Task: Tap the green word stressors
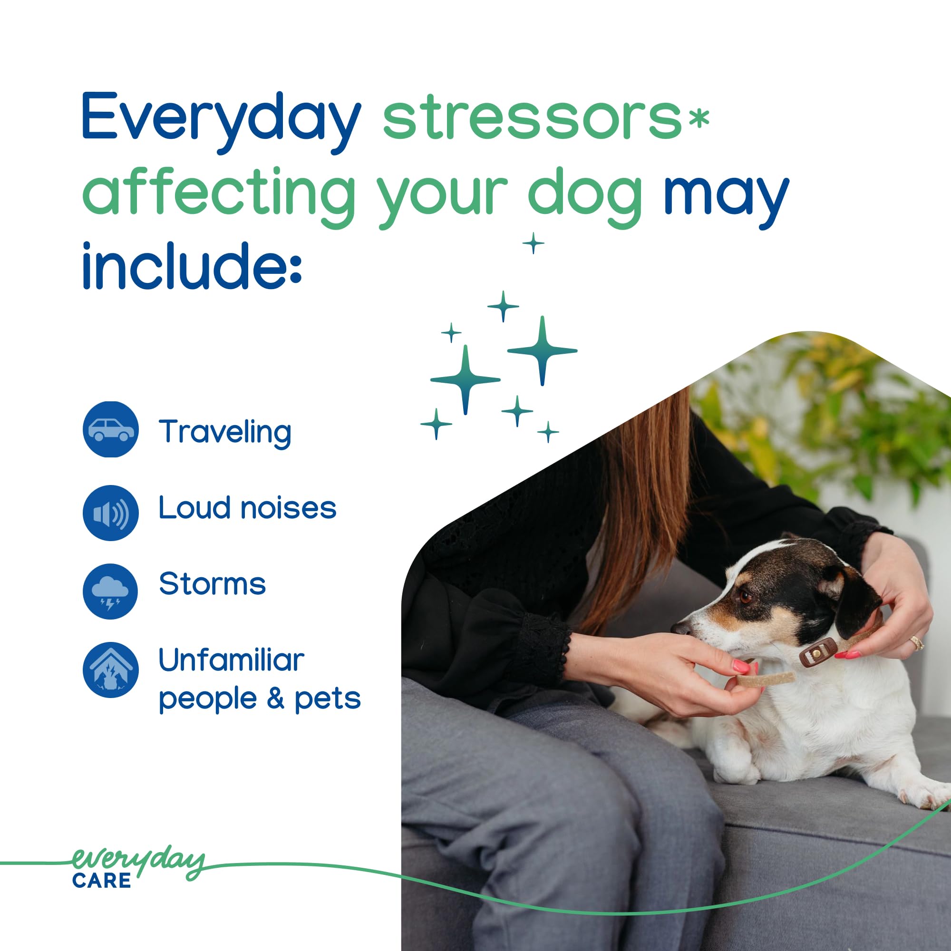532,118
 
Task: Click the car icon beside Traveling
111,429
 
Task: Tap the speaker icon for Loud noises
111,513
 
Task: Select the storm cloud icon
111,591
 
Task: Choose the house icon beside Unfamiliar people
111,670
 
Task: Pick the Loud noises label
247,507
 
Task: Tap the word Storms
212,584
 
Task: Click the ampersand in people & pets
275,699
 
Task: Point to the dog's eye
746,597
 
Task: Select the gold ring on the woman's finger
916,642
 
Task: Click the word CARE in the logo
102,881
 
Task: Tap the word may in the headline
727,197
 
